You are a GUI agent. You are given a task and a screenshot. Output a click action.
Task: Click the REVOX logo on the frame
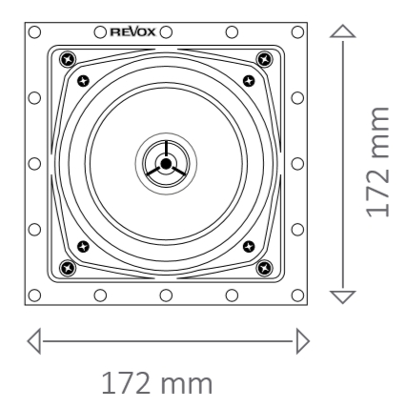(134, 31)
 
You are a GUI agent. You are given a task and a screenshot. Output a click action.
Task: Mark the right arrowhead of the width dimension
(302, 338)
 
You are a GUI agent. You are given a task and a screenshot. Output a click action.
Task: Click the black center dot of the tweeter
(165, 164)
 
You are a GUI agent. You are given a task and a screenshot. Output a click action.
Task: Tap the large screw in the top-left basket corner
(66, 61)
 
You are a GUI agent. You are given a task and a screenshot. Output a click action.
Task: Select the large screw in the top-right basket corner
(264, 61)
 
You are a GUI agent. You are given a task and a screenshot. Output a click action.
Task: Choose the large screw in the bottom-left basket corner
(66, 266)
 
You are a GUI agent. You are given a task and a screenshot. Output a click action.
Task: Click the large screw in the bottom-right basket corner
(264, 266)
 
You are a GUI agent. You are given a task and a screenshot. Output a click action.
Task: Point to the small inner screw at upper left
(83, 80)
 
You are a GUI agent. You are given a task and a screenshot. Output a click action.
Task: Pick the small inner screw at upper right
(248, 80)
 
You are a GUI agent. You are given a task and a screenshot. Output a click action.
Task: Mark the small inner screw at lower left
(83, 248)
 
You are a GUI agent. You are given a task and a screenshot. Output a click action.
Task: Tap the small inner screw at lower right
(248, 248)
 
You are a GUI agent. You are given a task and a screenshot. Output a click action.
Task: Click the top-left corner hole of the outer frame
(34, 31)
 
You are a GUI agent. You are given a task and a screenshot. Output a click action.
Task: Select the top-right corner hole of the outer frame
(296, 31)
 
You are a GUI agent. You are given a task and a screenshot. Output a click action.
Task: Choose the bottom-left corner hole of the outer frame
(34, 296)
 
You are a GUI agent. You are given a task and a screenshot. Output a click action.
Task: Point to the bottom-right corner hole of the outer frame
(296, 296)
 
